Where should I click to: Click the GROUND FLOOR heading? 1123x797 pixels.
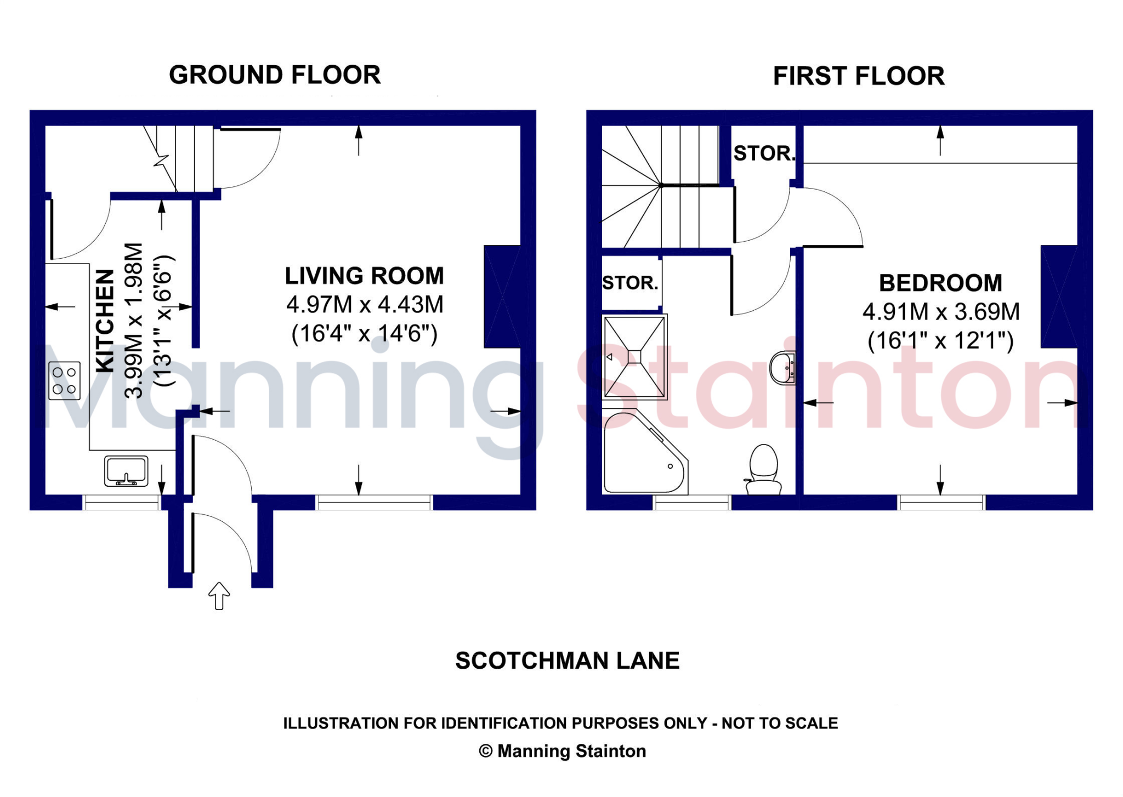(x=275, y=75)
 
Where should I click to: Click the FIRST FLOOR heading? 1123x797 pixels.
(x=859, y=76)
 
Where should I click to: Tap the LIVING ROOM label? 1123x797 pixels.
(x=364, y=276)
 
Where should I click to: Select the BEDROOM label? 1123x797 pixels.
(x=940, y=283)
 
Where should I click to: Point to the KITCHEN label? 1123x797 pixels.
(x=105, y=321)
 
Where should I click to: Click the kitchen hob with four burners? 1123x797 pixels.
(x=64, y=380)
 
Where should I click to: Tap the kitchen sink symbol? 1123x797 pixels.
(x=126, y=471)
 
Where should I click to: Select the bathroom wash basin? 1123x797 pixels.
(x=782, y=367)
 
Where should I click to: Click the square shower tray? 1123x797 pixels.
(x=634, y=357)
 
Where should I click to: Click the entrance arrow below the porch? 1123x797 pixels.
(x=219, y=596)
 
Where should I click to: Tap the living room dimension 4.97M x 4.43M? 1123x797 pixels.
(x=365, y=305)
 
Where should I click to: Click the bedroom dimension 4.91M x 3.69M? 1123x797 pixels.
(x=941, y=312)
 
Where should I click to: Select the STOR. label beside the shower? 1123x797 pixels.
(x=630, y=283)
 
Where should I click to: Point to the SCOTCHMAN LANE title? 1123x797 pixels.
(x=568, y=661)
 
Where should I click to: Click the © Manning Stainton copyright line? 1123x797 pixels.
(x=563, y=751)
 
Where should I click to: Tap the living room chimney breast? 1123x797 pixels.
(x=502, y=297)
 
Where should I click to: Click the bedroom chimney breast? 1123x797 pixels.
(x=1059, y=297)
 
